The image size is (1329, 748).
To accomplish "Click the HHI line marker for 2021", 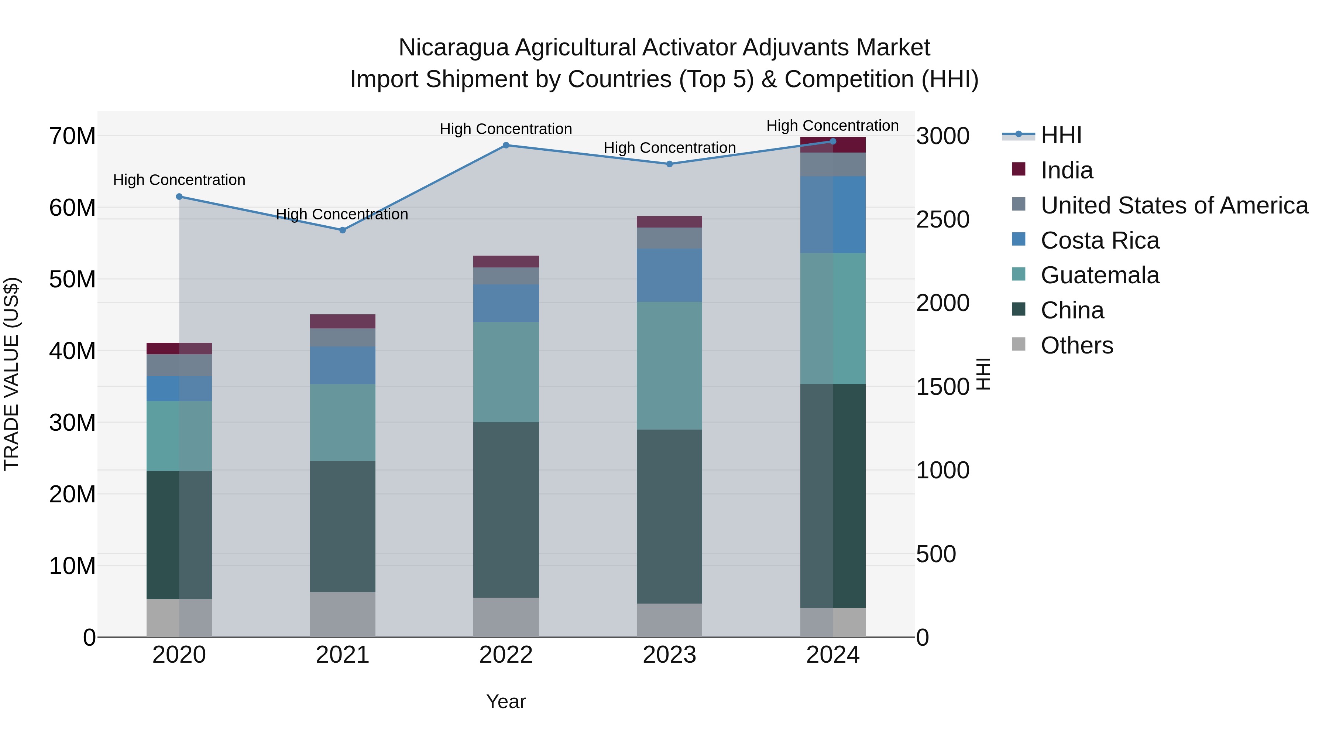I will [x=343, y=230].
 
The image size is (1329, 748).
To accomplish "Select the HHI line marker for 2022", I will [x=506, y=146].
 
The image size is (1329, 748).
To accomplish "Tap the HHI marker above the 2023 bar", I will [x=670, y=164].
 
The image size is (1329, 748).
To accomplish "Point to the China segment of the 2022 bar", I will [x=506, y=510].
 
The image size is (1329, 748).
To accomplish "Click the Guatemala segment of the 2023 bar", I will [x=670, y=365].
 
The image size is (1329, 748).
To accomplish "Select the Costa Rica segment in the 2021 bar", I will [x=343, y=365].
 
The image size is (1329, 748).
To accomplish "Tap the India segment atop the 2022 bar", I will [x=506, y=262].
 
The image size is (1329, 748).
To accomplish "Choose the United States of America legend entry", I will [x=1174, y=205].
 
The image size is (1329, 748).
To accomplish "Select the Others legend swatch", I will [x=1019, y=344].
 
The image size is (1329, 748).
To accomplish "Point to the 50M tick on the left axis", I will [x=72, y=279].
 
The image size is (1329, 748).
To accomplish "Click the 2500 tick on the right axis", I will [x=942, y=219].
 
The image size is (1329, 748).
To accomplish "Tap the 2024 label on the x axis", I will [x=833, y=655].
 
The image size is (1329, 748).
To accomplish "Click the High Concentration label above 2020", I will [x=179, y=180].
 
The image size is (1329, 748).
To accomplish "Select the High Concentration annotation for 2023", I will [x=670, y=148].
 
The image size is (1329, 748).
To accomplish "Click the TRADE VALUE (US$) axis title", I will [x=11, y=374].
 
